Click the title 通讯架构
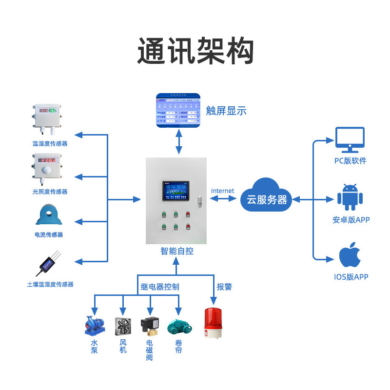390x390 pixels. pos(195,51)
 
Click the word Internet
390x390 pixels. pos(222,191)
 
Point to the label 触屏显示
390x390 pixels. pos(226,111)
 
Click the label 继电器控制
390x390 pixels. pos(160,287)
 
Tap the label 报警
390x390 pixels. pos(224,287)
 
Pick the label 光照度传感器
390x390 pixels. pos(50,192)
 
